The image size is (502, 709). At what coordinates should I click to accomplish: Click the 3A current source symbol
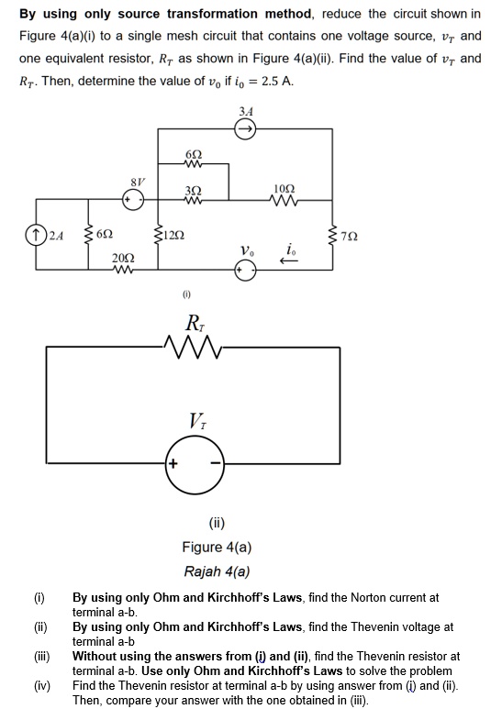click(x=246, y=129)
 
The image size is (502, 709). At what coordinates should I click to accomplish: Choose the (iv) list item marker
click(x=41, y=685)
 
